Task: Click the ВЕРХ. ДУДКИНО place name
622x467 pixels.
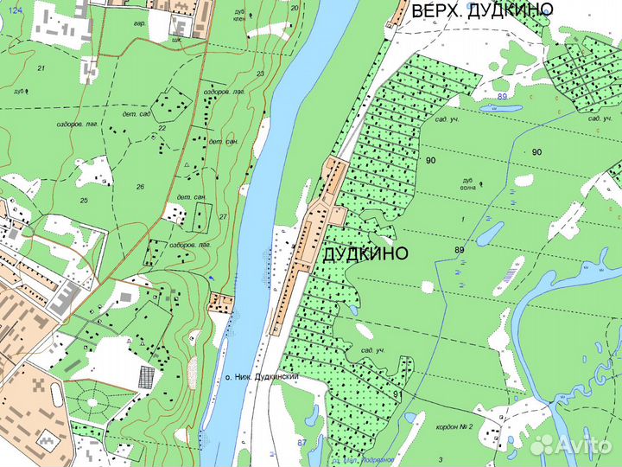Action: (482, 10)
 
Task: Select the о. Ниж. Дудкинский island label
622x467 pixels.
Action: (261, 378)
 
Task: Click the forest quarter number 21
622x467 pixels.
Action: (41, 67)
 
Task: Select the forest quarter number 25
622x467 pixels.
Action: (84, 201)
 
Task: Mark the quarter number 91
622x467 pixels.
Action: (397, 394)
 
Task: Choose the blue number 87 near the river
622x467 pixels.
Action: (301, 443)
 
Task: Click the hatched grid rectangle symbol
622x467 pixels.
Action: (146, 377)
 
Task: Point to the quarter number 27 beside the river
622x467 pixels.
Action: (222, 216)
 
